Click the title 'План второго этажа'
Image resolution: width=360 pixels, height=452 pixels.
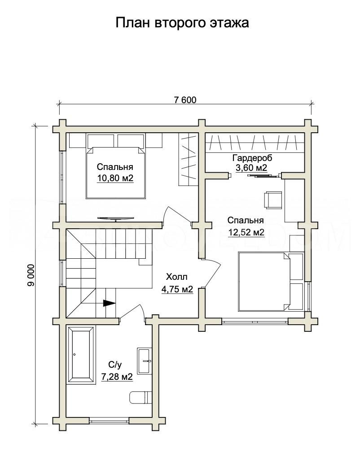coord(182,23)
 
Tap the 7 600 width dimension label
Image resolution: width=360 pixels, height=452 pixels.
coord(185,100)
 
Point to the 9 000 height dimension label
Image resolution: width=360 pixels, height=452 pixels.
coord(31,275)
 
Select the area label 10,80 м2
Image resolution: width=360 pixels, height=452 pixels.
coord(115,178)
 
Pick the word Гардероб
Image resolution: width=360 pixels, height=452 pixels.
coord(252,158)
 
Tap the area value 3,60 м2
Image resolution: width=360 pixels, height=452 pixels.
coord(251,168)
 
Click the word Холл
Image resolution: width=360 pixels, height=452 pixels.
coord(176,277)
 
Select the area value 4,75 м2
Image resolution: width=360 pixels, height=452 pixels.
coord(177,289)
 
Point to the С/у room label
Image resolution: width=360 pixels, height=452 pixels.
coord(115,365)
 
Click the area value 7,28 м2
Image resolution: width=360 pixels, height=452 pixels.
coord(117,377)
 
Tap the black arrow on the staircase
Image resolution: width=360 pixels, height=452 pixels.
coord(109,303)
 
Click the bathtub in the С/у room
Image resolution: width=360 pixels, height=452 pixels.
coord(81,355)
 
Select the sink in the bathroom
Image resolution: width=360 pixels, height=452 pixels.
coord(144,361)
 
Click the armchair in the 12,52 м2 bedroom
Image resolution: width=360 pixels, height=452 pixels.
coord(272,200)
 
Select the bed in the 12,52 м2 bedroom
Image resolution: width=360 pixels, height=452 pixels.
coord(264,282)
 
